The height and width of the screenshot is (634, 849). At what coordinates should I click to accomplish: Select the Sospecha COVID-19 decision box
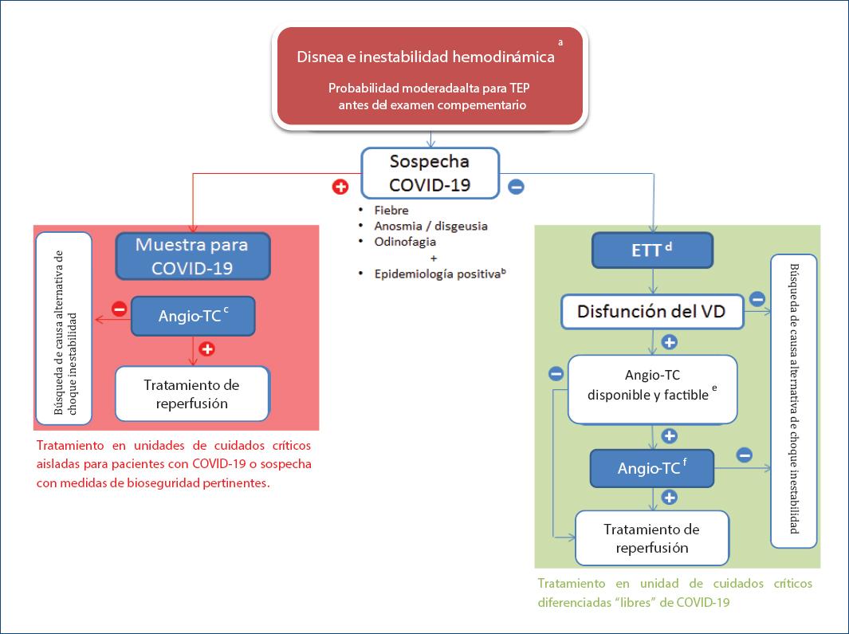(x=430, y=173)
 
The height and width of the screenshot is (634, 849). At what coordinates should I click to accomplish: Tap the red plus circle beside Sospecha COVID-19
(x=340, y=187)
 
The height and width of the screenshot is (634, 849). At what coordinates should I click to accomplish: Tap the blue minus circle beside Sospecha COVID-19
(x=516, y=187)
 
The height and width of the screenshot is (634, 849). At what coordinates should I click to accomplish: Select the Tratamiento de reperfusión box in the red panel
(x=192, y=394)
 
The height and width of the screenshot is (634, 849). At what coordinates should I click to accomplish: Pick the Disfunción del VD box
(x=652, y=311)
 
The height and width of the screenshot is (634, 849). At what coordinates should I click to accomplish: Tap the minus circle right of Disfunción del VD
(x=757, y=300)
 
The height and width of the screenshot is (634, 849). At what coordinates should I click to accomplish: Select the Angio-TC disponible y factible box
(x=652, y=388)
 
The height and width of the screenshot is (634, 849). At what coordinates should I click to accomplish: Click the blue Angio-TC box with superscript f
(x=652, y=468)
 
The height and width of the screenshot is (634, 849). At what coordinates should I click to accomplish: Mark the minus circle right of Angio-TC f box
(x=744, y=455)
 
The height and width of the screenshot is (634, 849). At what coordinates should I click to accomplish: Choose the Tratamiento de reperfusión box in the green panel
(x=651, y=538)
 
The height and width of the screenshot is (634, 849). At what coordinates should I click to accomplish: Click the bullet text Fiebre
(x=391, y=211)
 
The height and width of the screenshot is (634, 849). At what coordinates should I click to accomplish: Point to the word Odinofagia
(x=405, y=241)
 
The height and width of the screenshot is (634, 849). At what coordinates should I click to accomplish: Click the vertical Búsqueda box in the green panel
(x=794, y=401)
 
